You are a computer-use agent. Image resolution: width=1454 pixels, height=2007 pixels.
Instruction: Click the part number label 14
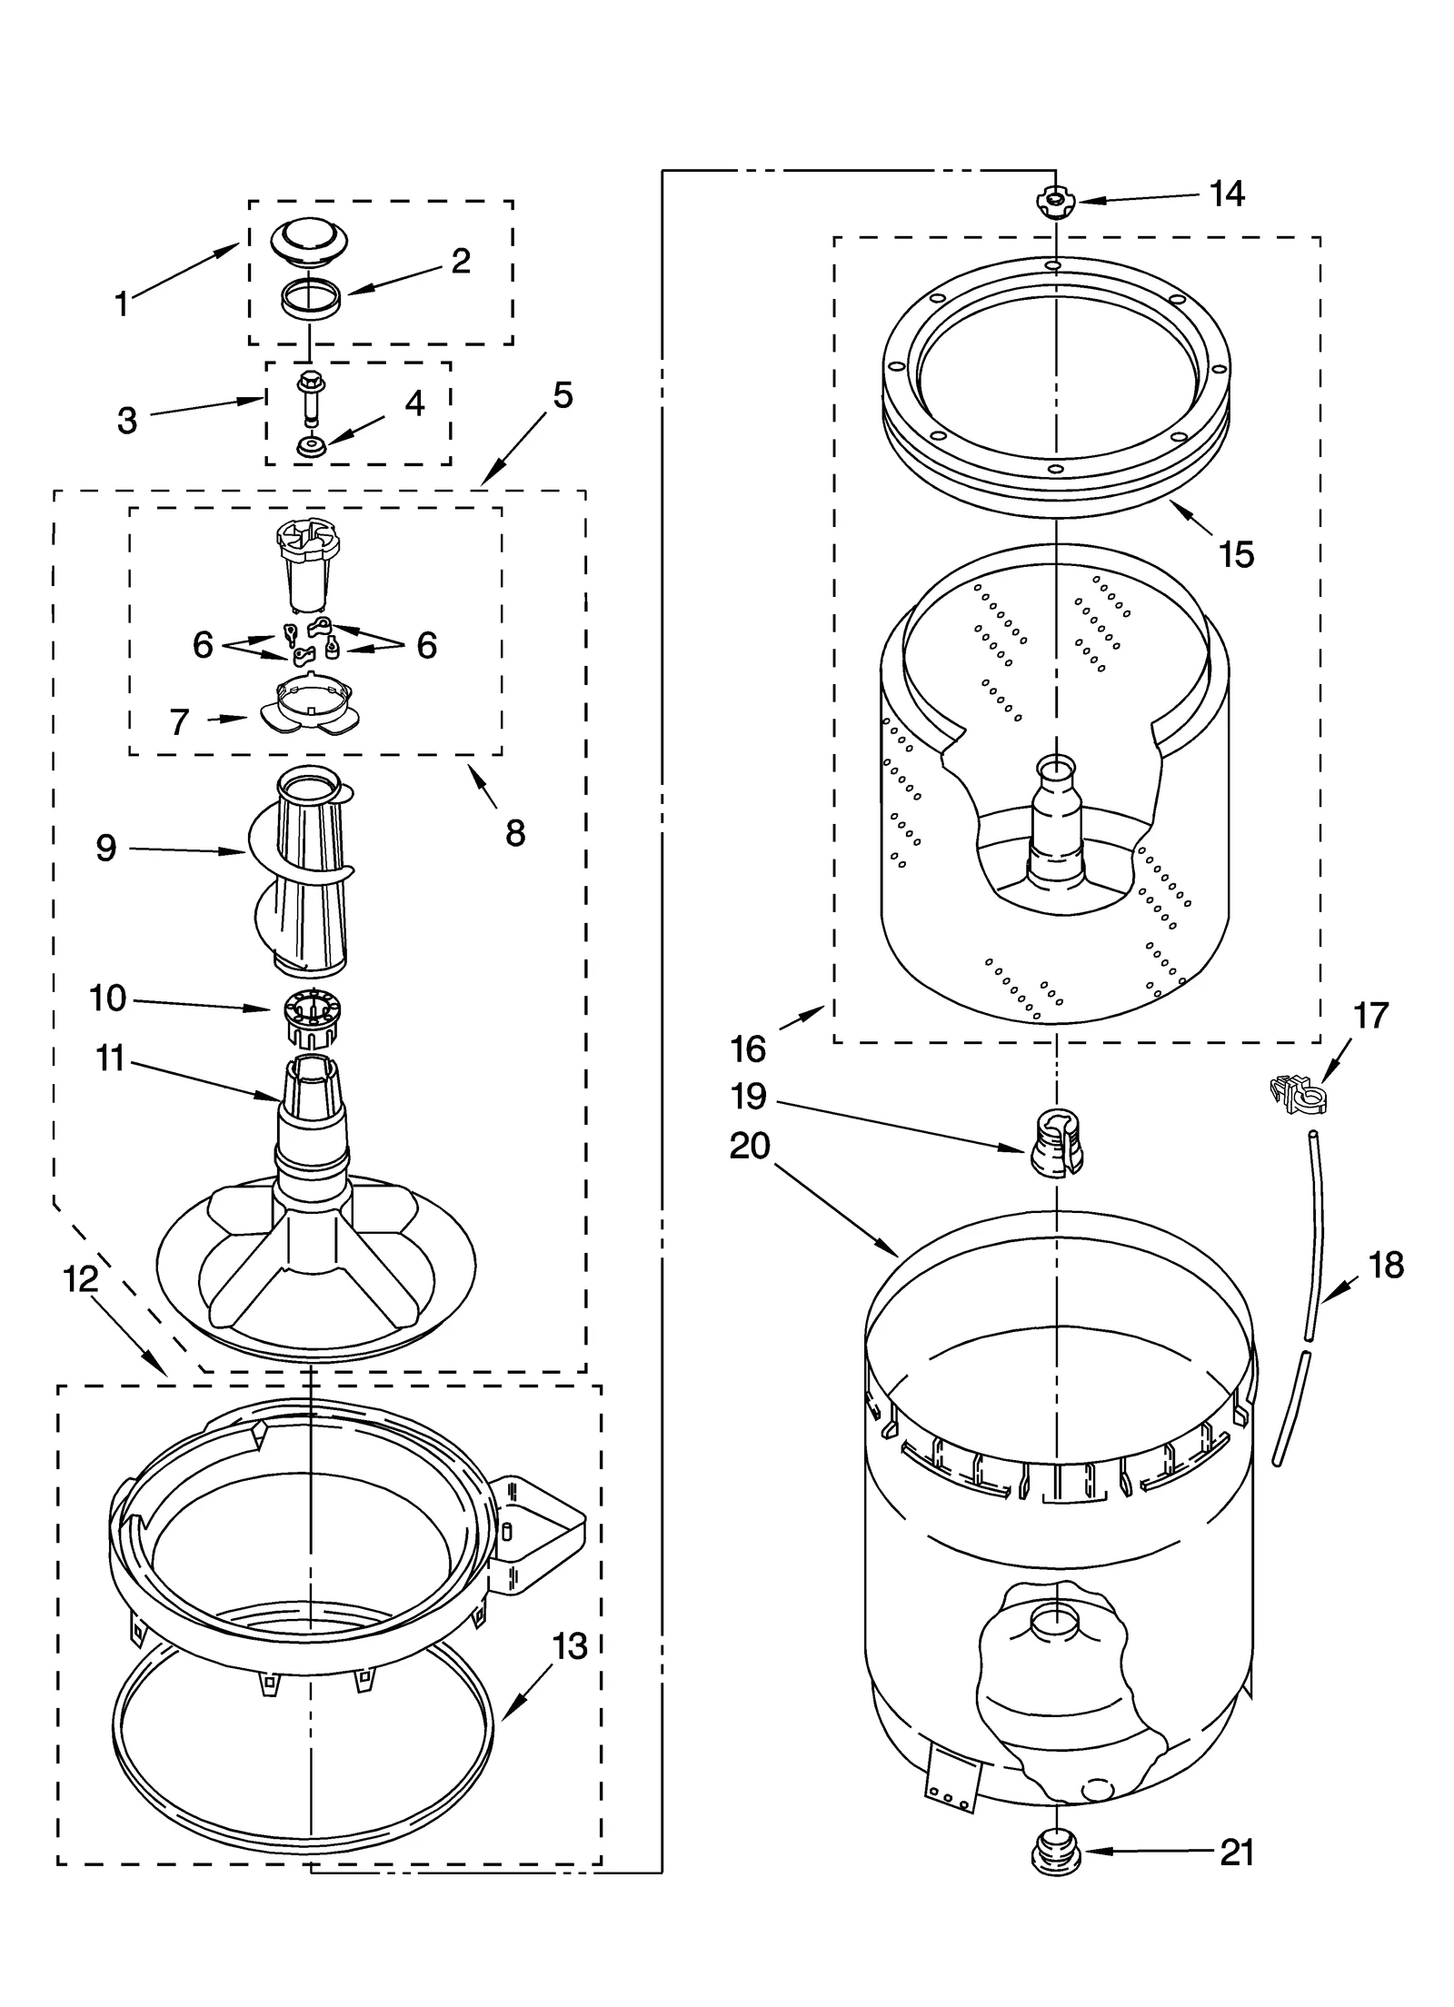click(x=1227, y=194)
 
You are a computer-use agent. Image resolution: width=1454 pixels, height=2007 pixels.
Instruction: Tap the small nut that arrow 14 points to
click(x=1054, y=201)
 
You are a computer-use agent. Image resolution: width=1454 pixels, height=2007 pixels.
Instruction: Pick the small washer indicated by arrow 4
click(x=311, y=447)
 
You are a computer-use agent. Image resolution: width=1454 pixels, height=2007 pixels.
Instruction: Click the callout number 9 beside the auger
click(x=106, y=848)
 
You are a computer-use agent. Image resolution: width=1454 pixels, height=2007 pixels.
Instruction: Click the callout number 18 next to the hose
click(x=1385, y=1265)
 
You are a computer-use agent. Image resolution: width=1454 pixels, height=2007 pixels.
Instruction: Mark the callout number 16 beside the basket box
click(x=748, y=1049)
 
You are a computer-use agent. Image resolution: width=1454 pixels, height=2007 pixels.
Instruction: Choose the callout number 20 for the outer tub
click(x=750, y=1146)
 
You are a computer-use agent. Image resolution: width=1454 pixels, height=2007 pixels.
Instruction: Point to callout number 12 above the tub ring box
click(x=81, y=1279)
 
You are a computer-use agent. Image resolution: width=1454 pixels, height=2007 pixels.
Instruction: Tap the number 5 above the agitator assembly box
click(x=563, y=395)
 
